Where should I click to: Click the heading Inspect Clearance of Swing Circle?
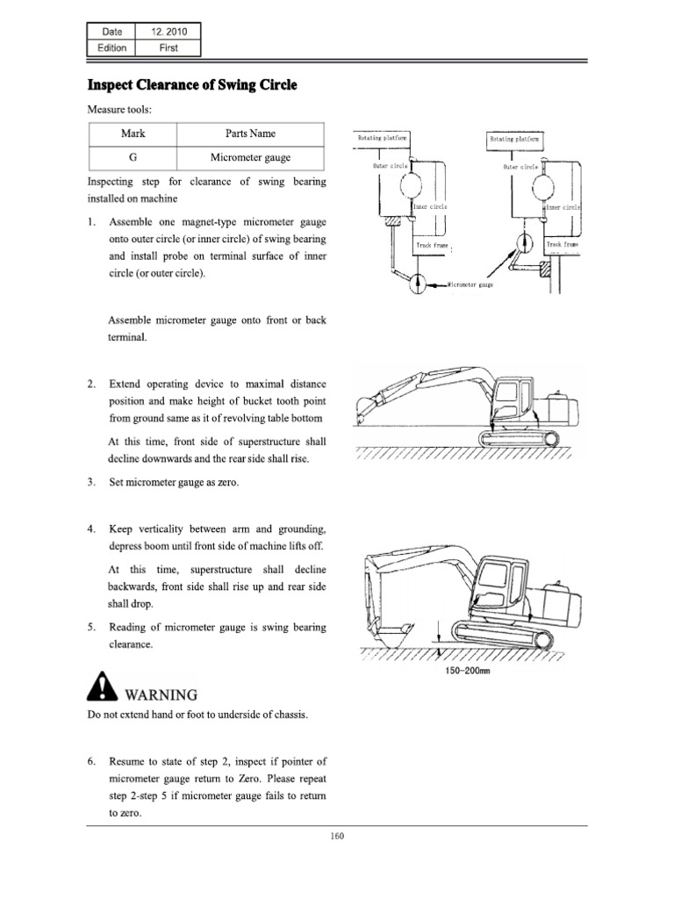tap(192, 85)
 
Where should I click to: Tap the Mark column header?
tap(132, 133)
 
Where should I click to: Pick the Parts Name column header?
tap(250, 133)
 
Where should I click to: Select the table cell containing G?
tap(132, 157)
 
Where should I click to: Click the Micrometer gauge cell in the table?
tap(250, 157)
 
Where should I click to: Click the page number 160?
tap(337, 836)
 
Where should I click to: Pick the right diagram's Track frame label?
tap(561, 244)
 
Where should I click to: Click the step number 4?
tap(91, 529)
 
